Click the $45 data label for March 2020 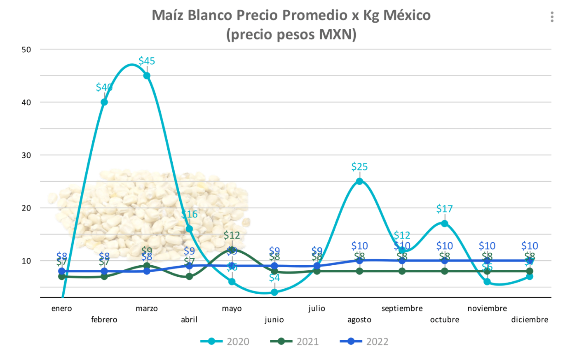click(147, 61)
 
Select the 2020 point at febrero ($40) click(104, 102)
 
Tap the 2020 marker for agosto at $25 click(359, 181)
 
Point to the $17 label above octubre click(444, 209)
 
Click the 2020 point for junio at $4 click(274, 292)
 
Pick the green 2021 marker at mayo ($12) click(232, 250)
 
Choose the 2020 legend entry click(225, 341)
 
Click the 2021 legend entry click(295, 341)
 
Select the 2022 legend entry click(364, 341)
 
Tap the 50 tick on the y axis click(26, 50)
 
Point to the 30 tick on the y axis click(26, 155)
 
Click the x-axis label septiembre click(402, 309)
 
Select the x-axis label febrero click(104, 320)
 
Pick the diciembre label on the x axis click(530, 320)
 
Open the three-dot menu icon click(552, 17)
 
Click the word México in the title click(407, 15)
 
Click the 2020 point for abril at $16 click(190, 229)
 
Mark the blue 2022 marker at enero click(62, 271)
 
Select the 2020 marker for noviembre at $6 click(487, 282)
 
